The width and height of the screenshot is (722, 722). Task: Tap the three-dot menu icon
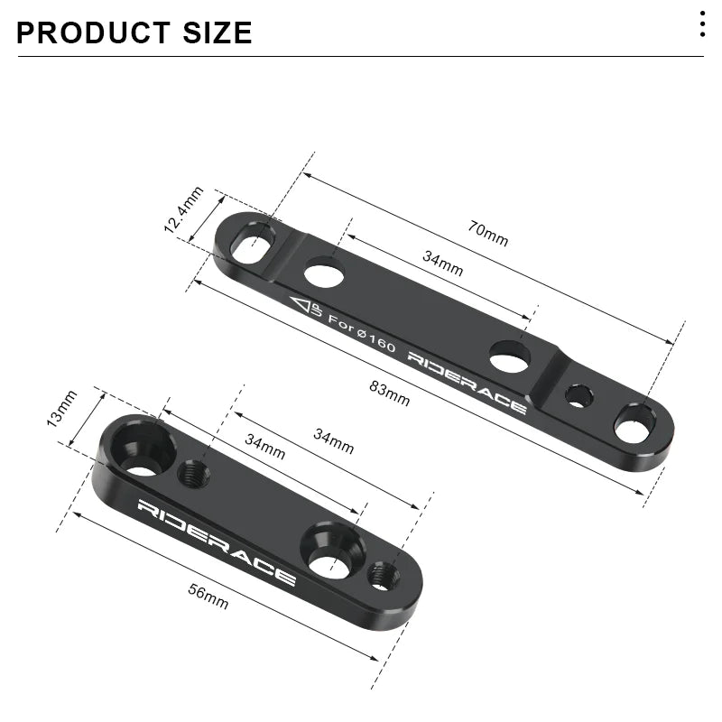(702, 24)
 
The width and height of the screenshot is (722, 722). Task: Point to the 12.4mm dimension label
(183, 209)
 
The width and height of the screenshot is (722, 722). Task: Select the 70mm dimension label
(488, 234)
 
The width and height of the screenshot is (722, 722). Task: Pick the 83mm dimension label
(390, 393)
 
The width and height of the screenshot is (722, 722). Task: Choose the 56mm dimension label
(208, 597)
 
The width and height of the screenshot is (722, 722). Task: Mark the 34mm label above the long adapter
(443, 264)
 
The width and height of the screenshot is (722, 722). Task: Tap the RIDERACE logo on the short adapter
(217, 541)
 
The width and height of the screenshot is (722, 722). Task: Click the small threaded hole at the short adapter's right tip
(383, 572)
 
